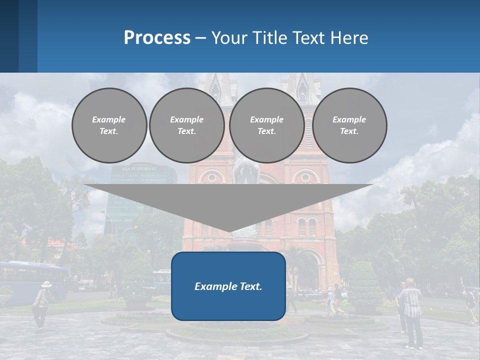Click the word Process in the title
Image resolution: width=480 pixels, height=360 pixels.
coord(157,38)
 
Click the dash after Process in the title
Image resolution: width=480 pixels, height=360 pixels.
coord(201,38)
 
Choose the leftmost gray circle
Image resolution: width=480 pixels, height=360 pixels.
coord(109,125)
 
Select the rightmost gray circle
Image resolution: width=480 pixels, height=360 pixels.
coord(349,125)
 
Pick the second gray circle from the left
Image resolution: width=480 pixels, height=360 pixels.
coord(187,125)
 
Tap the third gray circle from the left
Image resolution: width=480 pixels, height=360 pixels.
coord(267,125)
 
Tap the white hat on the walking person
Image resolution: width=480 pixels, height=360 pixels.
coord(46,284)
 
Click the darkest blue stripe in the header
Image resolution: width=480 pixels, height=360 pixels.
coord(9,36)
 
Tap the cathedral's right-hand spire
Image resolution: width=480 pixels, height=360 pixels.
coord(302,87)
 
